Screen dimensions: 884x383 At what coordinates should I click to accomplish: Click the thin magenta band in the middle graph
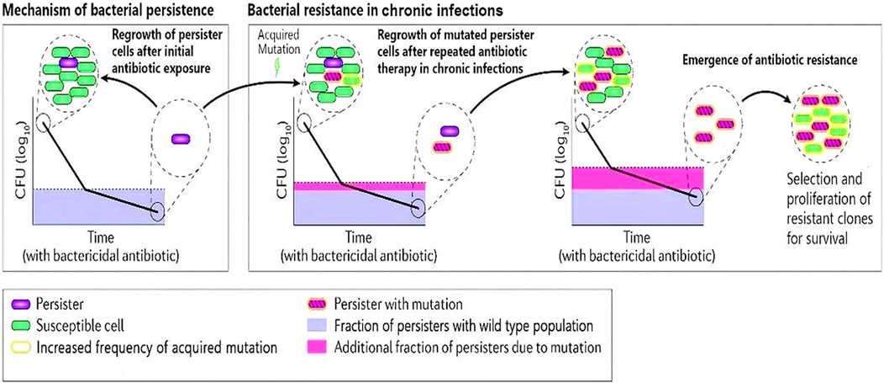359,186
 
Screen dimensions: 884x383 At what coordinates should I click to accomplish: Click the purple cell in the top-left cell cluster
68,62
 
